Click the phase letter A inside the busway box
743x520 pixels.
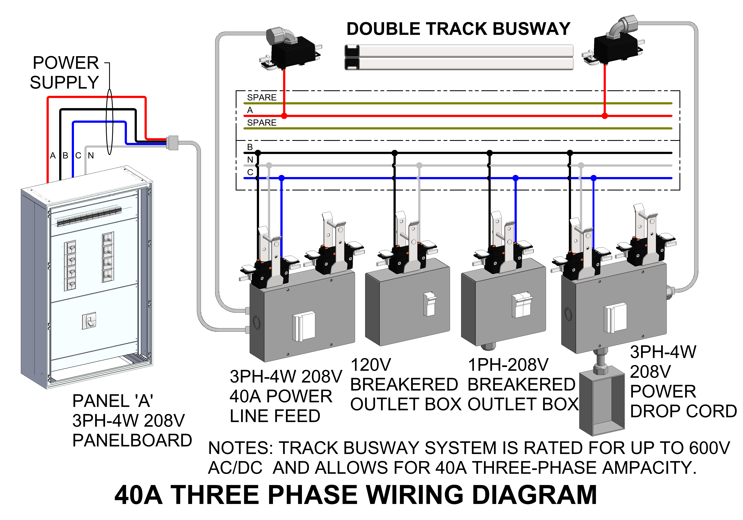(x=250, y=110)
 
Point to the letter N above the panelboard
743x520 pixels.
(x=91, y=156)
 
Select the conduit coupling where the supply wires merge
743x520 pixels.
(x=172, y=142)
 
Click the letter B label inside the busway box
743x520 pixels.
(x=250, y=147)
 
